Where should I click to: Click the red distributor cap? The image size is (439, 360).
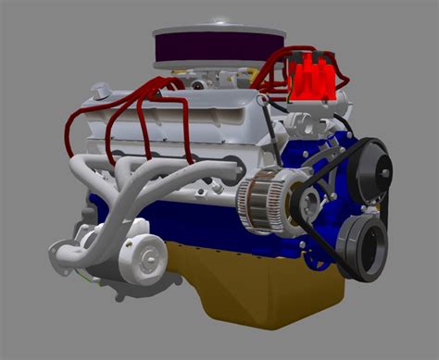(x=310, y=78)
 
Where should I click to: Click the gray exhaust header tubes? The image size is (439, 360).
(x=139, y=180)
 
